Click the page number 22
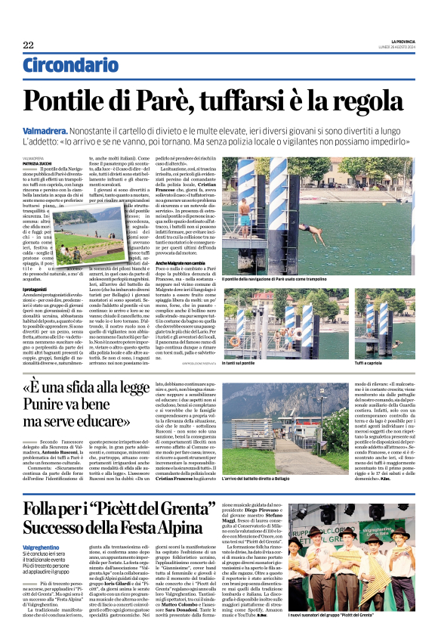click(27, 45)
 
